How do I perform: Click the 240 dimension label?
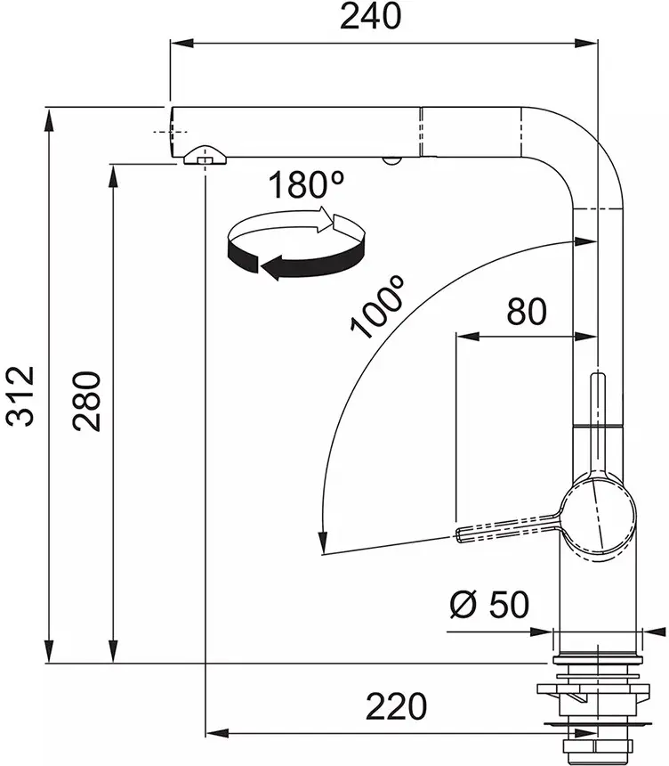click(x=370, y=16)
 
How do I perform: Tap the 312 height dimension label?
click(x=20, y=395)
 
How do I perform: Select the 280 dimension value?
click(x=86, y=402)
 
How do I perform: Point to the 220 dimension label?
click(x=396, y=706)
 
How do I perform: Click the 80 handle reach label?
click(x=527, y=312)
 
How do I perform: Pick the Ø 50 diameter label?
click(x=489, y=604)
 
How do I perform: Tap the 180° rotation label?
click(x=305, y=184)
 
